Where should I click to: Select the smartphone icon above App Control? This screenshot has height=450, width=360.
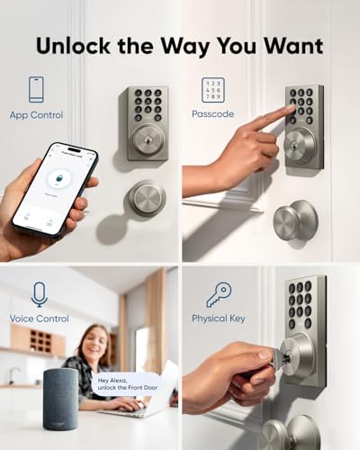[x=37, y=89]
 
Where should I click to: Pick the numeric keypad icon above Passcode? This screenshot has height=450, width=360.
[x=213, y=90]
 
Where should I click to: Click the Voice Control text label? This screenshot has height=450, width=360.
[x=39, y=319]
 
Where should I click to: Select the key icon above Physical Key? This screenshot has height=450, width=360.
[x=218, y=294]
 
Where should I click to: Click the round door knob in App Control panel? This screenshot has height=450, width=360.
[x=147, y=198]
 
